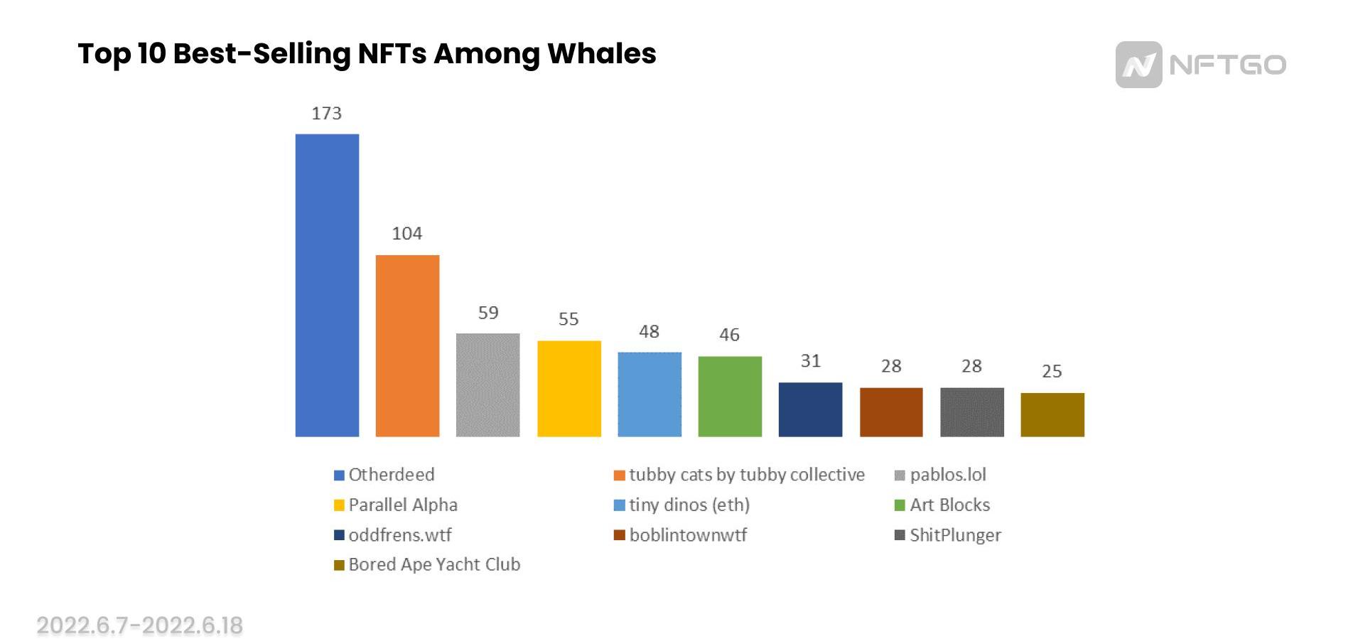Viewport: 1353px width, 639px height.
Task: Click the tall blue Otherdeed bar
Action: coord(327,285)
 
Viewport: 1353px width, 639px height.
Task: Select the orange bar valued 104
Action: coord(407,345)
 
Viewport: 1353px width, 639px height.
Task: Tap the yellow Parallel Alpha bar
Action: coord(568,389)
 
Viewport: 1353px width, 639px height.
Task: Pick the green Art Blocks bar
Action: coord(730,397)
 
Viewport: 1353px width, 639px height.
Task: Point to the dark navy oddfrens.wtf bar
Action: coord(810,409)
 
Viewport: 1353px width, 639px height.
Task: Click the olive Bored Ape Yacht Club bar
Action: coord(1052,414)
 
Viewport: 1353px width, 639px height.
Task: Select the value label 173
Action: coord(327,114)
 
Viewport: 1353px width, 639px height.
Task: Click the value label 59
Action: coord(488,313)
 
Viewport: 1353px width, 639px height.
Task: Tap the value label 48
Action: coord(649,332)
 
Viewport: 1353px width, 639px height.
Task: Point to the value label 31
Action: coord(810,361)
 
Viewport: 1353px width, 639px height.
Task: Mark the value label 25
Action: coord(1052,371)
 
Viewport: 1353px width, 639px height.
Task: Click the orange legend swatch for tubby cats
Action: coord(620,476)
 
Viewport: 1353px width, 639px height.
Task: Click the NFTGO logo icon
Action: coord(1138,65)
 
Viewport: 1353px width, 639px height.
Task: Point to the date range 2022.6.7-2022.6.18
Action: coord(140,625)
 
